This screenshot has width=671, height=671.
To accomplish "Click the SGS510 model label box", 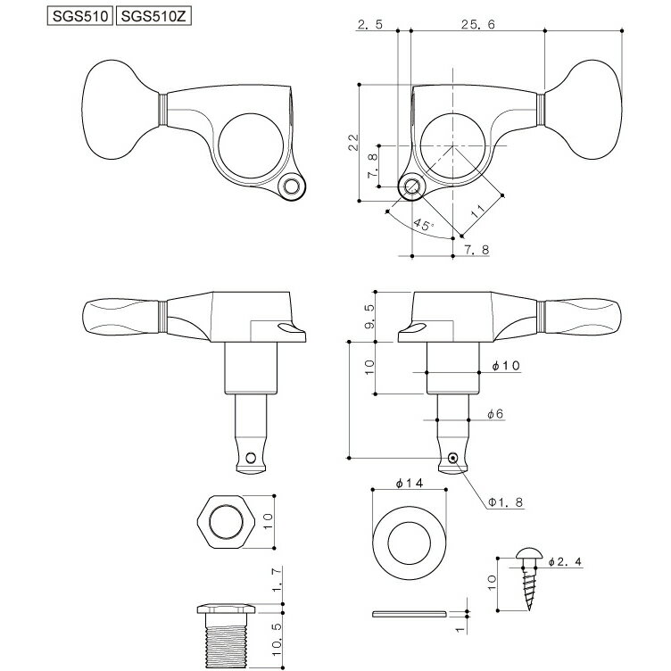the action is [80, 16].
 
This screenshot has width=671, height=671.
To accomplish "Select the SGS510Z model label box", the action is [153, 16].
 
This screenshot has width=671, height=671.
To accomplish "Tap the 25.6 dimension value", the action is [477, 24].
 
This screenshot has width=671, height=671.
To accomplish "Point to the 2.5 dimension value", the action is [369, 24].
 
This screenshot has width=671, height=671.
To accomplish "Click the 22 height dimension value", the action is [353, 142].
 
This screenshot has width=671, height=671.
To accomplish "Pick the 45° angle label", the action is [424, 224].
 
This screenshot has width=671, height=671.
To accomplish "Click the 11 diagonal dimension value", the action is [477, 211].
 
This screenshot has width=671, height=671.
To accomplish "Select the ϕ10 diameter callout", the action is [506, 365].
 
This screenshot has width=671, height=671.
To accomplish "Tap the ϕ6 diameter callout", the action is [495, 413].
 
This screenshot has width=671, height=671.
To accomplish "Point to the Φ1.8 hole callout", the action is [506, 502].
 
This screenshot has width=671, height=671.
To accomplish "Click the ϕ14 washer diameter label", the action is [410, 483].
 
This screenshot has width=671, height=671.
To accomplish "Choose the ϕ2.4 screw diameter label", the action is [565, 561].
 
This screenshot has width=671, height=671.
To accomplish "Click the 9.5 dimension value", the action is [369, 316].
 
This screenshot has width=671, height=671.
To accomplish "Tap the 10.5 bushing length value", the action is [278, 640].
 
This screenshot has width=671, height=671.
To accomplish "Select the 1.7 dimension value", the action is [278, 580].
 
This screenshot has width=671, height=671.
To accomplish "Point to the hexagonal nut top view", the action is [227, 522].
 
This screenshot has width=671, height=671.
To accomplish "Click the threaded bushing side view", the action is [227, 636].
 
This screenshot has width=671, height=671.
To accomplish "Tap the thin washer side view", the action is [410, 614].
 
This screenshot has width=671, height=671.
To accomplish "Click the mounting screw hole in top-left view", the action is [293, 186].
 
